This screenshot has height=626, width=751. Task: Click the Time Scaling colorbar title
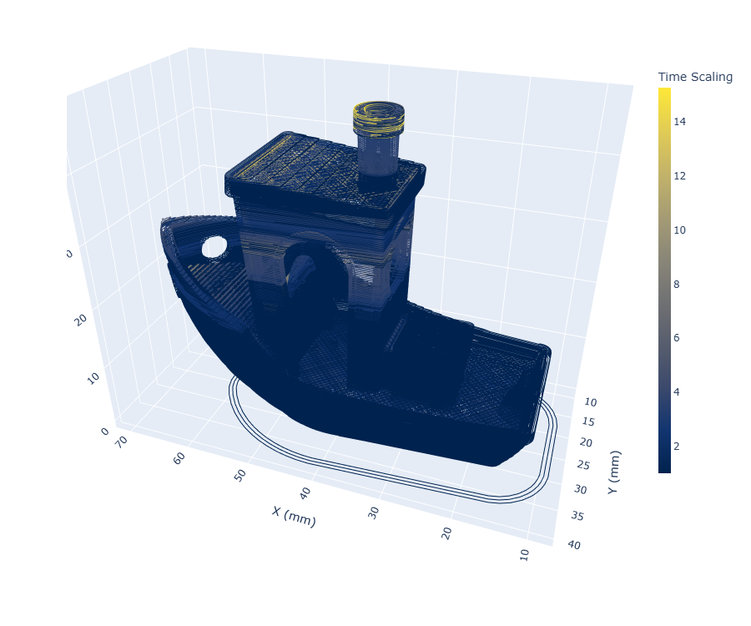pyautogui.click(x=695, y=77)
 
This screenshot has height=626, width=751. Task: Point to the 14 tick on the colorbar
pyautogui.click(x=679, y=122)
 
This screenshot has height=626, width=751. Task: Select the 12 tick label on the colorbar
pyautogui.click(x=679, y=176)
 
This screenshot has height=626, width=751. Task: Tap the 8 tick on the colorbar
pyautogui.click(x=676, y=285)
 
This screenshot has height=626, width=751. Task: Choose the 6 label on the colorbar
pyautogui.click(x=676, y=338)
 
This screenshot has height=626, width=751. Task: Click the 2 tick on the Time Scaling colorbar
pyautogui.click(x=676, y=447)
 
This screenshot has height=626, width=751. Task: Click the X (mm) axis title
pyautogui.click(x=294, y=517)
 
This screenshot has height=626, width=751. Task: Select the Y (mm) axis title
pyautogui.click(x=613, y=472)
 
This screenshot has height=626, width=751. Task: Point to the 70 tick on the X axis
pyautogui.click(x=122, y=442)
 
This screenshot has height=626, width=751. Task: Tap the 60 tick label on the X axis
pyautogui.click(x=179, y=458)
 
